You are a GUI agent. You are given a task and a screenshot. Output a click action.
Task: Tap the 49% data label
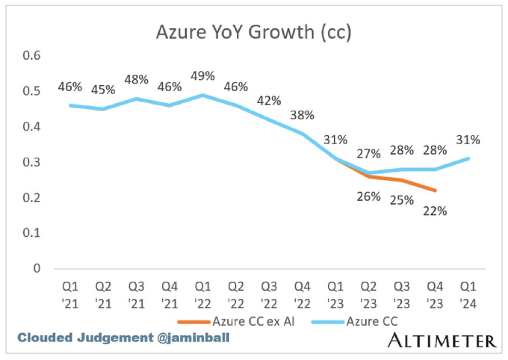tap(202, 76)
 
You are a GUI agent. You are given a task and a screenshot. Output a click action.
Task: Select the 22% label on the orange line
tap(435, 211)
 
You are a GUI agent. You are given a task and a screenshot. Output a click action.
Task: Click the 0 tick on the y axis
tap(36, 268)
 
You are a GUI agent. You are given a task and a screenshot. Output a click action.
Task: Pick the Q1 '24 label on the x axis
tap(469, 296)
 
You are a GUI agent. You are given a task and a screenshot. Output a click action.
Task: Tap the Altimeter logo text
tap(442, 340)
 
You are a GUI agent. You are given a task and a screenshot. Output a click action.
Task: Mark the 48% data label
tap(136, 79)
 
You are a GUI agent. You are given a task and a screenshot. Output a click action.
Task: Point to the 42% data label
tap(269, 100)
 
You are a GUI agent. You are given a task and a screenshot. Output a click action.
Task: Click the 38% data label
tap(302, 115)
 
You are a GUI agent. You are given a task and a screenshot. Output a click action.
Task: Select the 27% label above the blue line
tap(368, 153)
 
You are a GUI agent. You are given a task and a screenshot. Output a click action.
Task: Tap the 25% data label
tap(402, 200)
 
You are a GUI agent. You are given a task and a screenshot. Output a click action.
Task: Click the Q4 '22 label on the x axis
tap(302, 296)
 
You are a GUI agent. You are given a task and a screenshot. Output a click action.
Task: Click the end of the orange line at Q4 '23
tap(435, 190)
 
